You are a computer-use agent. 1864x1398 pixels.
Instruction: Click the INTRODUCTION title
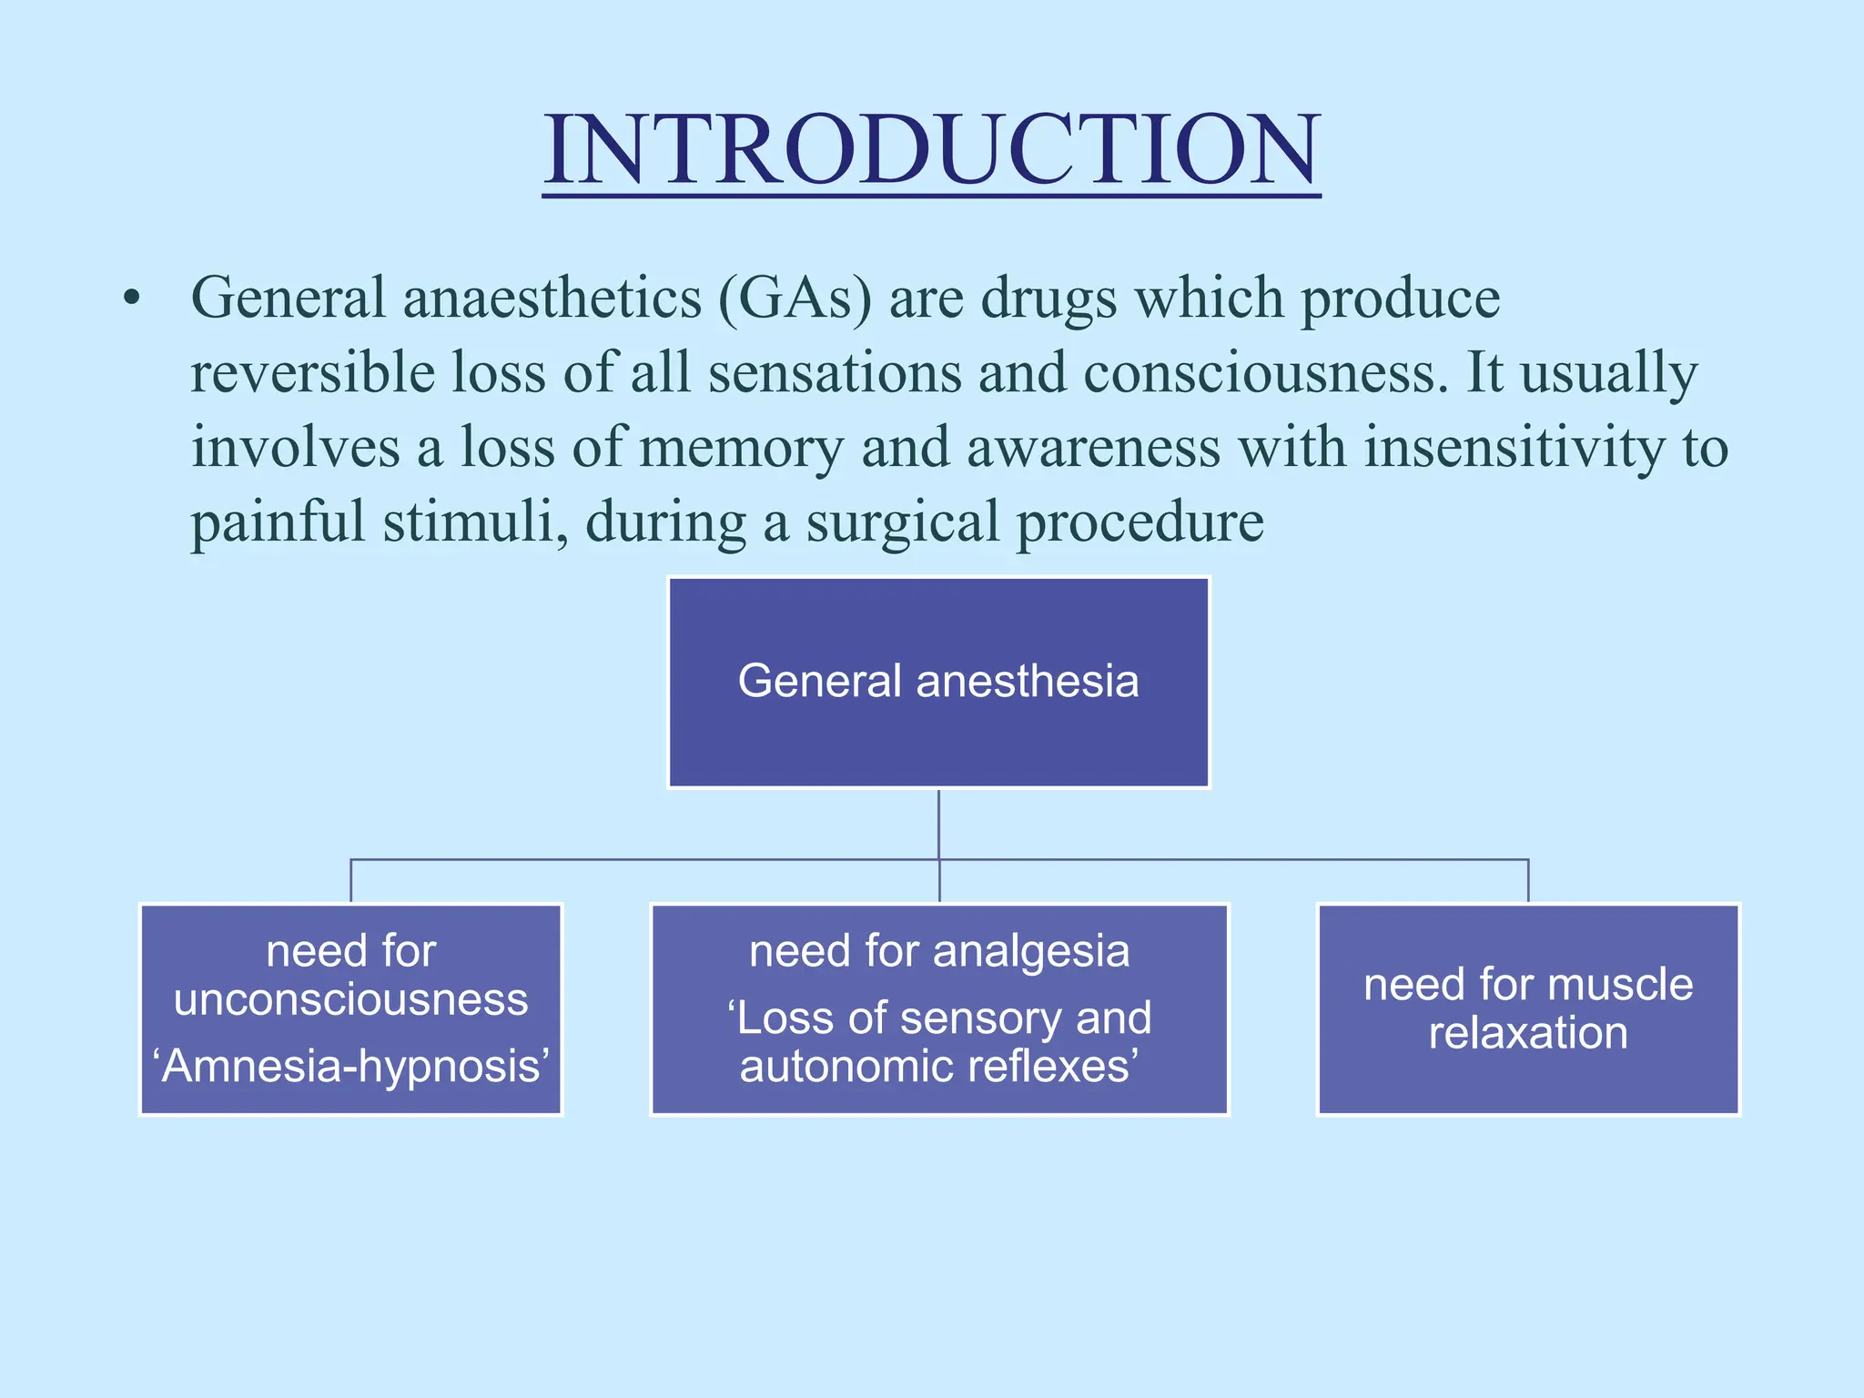(931, 150)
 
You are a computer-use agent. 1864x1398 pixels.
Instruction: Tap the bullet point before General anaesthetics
(133, 299)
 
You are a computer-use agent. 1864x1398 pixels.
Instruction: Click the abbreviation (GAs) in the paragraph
(795, 299)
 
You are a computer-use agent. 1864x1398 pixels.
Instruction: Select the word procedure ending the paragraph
(1140, 522)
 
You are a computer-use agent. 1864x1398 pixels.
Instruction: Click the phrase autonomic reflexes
(937, 1066)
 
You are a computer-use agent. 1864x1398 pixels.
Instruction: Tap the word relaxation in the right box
(1528, 1033)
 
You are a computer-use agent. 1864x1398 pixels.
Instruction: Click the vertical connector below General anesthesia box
(938, 824)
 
